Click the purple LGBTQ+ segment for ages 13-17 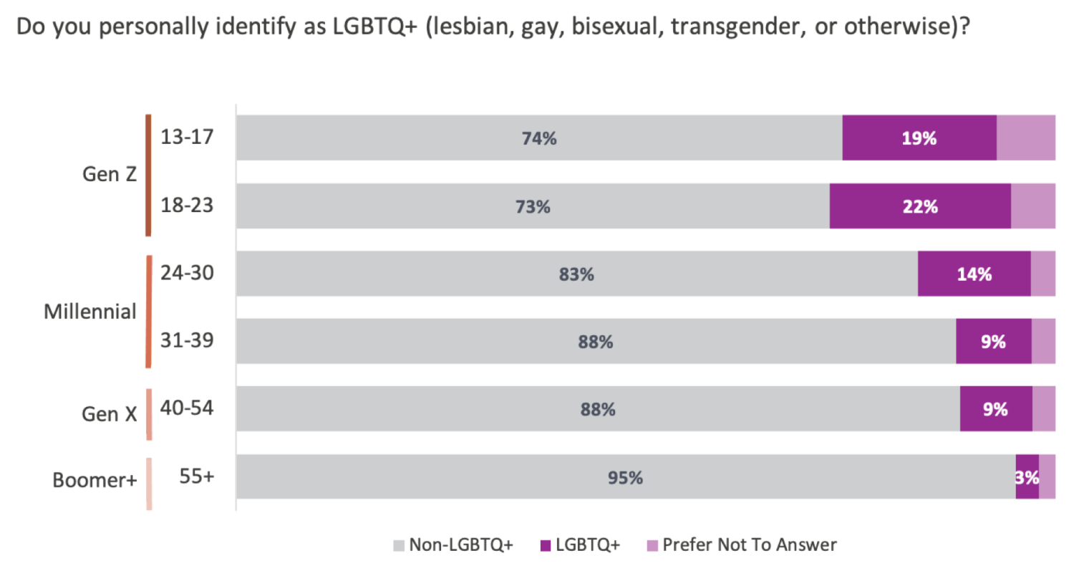coord(919,138)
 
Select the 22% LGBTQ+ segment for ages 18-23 coord(920,206)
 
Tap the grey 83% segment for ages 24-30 coord(577,274)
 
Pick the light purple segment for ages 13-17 coord(1026,138)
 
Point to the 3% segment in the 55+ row coord(1027,476)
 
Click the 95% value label coord(625,477)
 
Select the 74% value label coord(539,138)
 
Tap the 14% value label coord(974,274)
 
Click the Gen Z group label coord(110,174)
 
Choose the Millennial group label coord(90,312)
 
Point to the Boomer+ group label coord(95,479)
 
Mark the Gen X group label coord(110,413)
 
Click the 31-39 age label coord(187,340)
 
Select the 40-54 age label coord(187,408)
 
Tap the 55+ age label coord(196,476)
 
